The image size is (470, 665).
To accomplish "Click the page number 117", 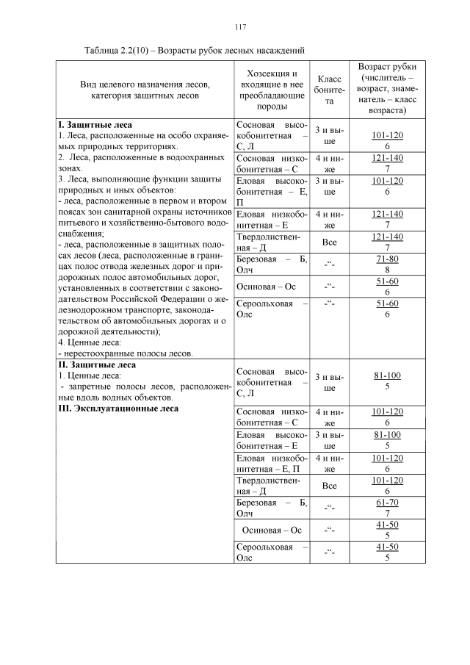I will click(239, 27).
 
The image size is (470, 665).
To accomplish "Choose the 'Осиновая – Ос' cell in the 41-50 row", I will click(272, 529).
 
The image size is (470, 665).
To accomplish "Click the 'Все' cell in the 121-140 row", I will click(330, 241).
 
